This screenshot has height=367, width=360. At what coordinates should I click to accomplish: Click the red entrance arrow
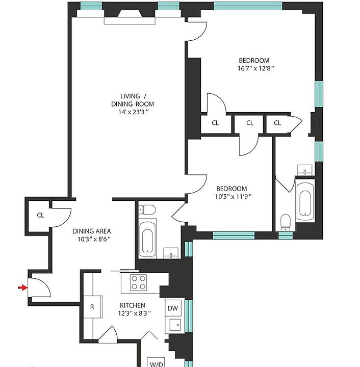pos(23,287)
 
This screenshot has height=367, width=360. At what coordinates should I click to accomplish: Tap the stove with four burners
pos(139,282)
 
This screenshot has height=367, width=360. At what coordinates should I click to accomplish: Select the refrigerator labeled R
pos(93,307)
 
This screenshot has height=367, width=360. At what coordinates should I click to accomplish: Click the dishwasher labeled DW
pos(173,308)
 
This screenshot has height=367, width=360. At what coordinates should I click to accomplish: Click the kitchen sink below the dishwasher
pos(175,325)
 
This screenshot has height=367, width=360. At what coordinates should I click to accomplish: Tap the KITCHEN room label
pos(133,305)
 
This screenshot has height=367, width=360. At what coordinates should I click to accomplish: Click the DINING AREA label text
pos(91,231)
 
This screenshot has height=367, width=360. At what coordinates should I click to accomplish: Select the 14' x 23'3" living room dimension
pos(133,112)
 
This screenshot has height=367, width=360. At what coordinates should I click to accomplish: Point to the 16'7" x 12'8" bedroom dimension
pos(255,68)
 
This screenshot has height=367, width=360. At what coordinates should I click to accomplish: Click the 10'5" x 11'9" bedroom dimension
pos(233,196)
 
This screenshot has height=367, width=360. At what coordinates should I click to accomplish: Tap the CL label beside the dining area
pos(40,215)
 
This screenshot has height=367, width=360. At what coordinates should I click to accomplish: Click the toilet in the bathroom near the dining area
pos(147,209)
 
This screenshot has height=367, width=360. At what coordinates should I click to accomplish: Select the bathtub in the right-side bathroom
pos(305,202)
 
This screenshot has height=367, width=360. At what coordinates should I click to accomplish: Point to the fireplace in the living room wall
pos(130,14)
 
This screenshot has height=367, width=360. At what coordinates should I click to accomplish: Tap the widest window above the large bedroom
pos(248,6)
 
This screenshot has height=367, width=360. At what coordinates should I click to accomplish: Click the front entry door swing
pos(40,287)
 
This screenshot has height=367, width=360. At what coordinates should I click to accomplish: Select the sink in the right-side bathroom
pos(305,170)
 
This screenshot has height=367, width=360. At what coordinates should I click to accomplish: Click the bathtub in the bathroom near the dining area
pos(147,239)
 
